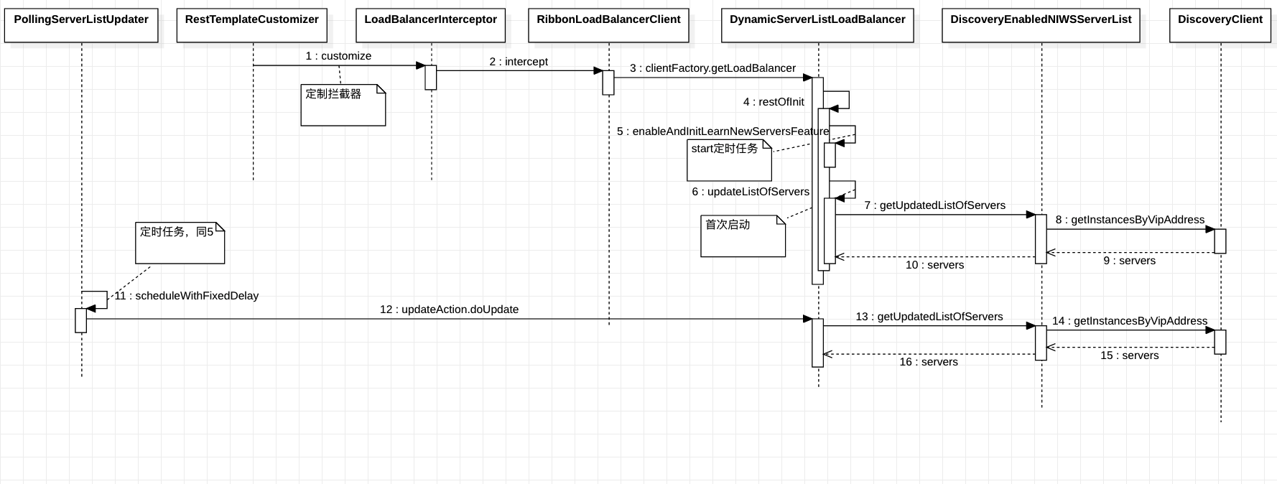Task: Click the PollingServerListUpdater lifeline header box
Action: pyautogui.click(x=81, y=25)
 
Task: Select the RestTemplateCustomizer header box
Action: pyautogui.click(x=252, y=25)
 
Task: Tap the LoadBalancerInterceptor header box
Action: pyautogui.click(x=431, y=25)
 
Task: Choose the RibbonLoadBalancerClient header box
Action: pyautogui.click(x=608, y=25)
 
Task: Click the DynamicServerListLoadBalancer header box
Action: pyautogui.click(x=817, y=25)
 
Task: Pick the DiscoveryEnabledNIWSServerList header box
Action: pyautogui.click(x=1041, y=25)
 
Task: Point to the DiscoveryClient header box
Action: pyautogui.click(x=1220, y=25)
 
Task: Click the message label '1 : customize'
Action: pyautogui.click(x=338, y=56)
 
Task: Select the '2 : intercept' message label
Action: pyautogui.click(x=519, y=62)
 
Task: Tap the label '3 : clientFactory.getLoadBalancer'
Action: pyautogui.click(x=712, y=68)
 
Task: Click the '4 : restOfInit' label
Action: pyautogui.click(x=774, y=102)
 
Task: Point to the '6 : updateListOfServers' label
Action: pyautogui.click(x=751, y=192)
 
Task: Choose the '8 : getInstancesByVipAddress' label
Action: pyautogui.click(x=1130, y=220)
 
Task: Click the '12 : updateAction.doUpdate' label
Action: pyautogui.click(x=449, y=310)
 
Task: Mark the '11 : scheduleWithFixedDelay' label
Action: pyautogui.click(x=187, y=296)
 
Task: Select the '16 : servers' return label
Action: pyautogui.click(x=929, y=362)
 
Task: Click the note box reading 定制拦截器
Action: pyautogui.click(x=343, y=105)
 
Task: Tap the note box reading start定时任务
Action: pyautogui.click(x=729, y=159)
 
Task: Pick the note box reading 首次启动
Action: pyautogui.click(x=743, y=236)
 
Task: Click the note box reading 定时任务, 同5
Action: pyautogui.click(x=180, y=243)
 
